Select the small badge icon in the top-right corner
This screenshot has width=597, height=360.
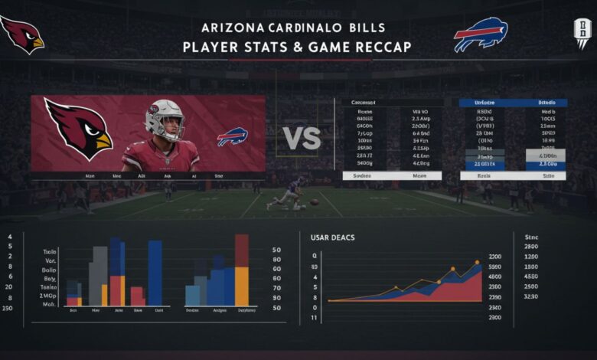tap(583, 34)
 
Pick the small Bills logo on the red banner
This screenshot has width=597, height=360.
tap(232, 137)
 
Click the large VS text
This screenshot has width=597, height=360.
tap(302, 138)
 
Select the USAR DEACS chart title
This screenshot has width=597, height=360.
tap(331, 238)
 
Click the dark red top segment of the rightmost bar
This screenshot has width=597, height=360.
tap(242, 250)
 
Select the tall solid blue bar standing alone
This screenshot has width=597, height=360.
tap(155, 273)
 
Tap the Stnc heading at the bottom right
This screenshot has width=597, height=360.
tap(530, 237)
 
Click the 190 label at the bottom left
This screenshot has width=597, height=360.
tap(8, 308)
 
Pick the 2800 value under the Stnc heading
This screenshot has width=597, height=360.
tap(530, 247)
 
